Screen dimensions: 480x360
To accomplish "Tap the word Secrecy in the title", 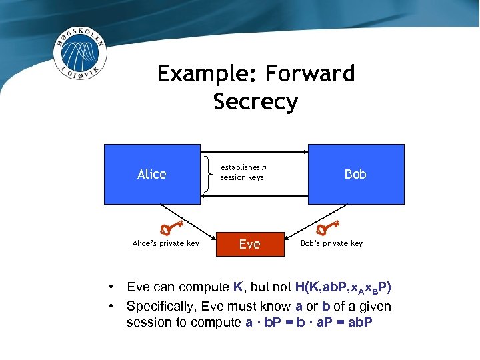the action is tap(255, 102).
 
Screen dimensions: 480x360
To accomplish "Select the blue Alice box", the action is tap(152, 174).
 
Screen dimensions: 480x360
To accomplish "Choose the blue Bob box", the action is tap(355, 174).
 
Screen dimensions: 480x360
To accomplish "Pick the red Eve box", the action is tap(250, 245).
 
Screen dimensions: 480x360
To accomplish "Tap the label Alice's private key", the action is tap(166, 243).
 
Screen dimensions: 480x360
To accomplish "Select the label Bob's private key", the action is tap(332, 243).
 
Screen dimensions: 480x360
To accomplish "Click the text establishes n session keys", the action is tap(243, 173).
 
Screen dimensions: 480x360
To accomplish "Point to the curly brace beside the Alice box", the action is tap(211, 173).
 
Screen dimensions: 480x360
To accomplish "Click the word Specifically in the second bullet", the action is tap(163, 306).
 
